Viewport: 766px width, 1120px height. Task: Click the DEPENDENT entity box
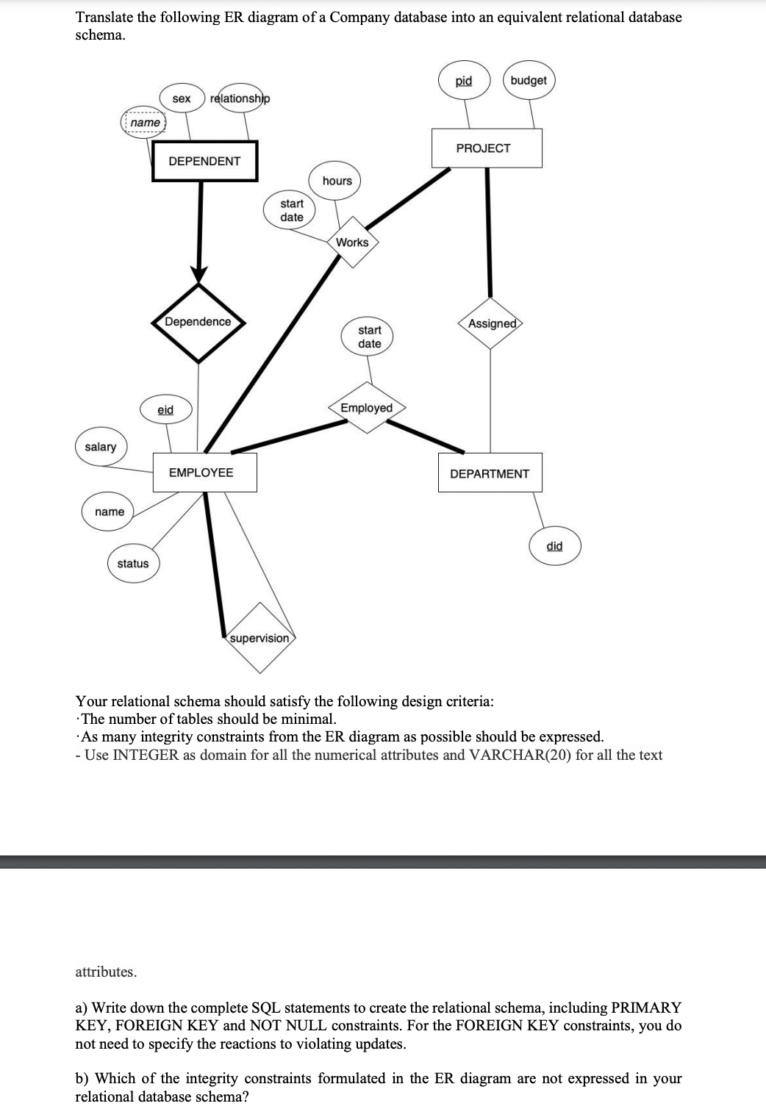[204, 161]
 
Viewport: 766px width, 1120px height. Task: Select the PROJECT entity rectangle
[486, 148]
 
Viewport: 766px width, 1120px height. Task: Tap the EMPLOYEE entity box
[204, 473]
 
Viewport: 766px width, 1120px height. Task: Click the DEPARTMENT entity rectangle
[490, 473]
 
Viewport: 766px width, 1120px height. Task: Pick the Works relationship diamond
[352, 242]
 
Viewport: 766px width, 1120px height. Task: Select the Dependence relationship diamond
[198, 322]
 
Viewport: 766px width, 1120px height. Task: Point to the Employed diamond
[367, 408]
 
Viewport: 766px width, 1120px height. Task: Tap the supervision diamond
[259, 638]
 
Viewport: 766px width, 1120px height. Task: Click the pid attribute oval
[464, 80]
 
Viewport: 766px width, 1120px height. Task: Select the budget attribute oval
[529, 80]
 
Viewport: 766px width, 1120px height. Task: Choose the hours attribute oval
[337, 181]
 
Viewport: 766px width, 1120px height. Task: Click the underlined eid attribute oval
[165, 410]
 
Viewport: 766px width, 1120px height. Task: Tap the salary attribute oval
[101, 447]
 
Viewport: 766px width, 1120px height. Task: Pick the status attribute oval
[133, 564]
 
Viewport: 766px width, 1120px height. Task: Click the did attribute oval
[555, 545]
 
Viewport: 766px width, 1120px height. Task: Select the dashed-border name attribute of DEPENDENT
[145, 122]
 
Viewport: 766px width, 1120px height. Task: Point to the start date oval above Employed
[369, 337]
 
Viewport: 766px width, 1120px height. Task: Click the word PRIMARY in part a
[645, 1007]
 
